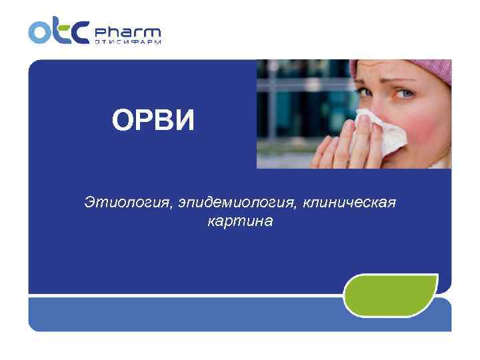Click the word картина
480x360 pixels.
tap(240, 221)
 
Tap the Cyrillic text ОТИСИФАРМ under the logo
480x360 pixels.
tap(127, 42)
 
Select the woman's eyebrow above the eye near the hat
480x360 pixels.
tap(408, 82)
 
